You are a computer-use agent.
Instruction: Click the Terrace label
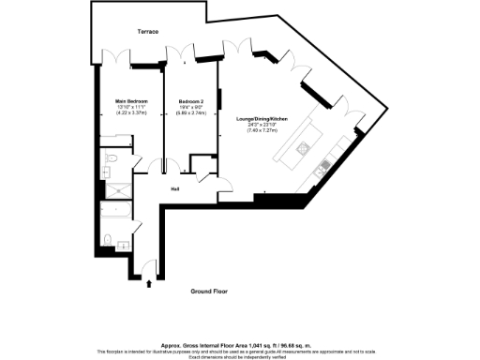coord(147,32)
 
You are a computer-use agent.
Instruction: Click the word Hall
coord(175,188)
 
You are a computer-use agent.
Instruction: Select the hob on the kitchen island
coord(305,147)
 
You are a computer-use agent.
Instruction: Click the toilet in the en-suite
coord(111,161)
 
